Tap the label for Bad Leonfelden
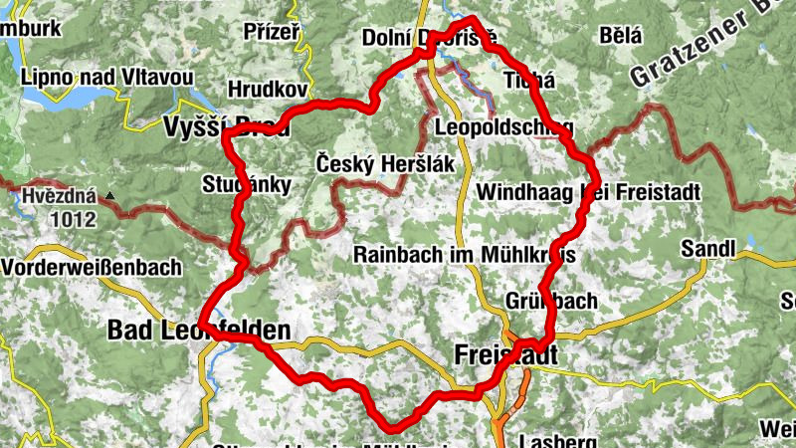(198, 330)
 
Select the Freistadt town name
(505, 354)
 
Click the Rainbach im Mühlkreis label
(465, 255)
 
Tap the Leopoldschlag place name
(503, 128)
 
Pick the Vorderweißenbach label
(92, 267)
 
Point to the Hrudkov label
(267, 90)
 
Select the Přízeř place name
(271, 32)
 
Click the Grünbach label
(550, 300)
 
